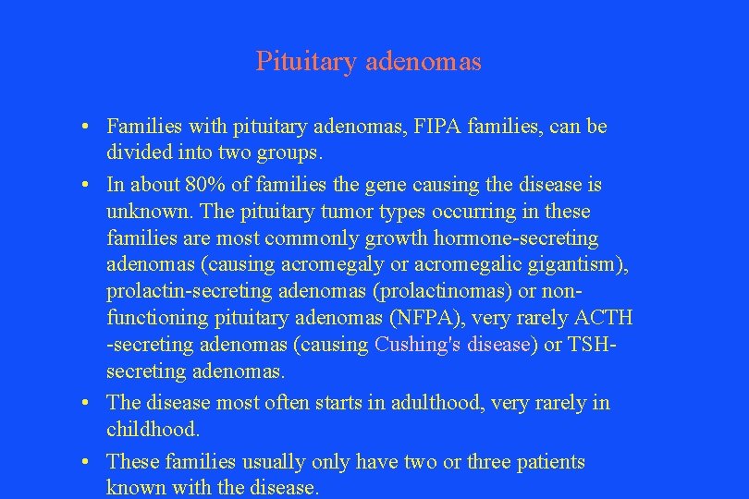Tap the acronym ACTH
click(603, 318)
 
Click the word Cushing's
click(413, 346)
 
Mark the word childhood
click(153, 430)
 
